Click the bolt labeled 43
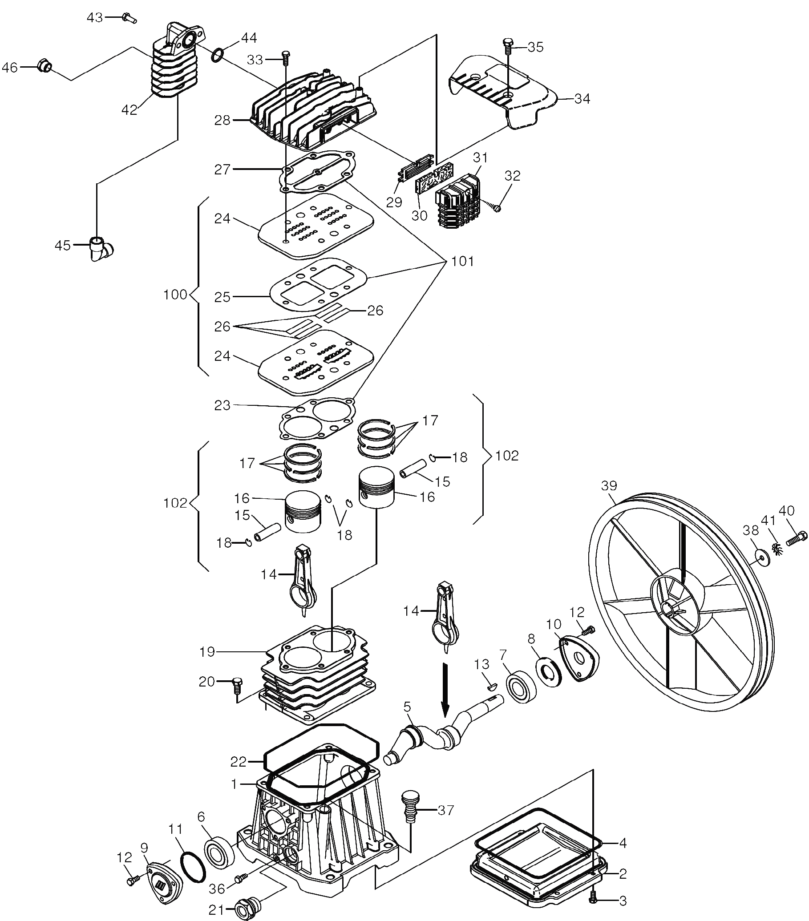tap(129, 18)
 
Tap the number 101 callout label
tap(462, 261)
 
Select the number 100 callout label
tap(175, 295)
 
